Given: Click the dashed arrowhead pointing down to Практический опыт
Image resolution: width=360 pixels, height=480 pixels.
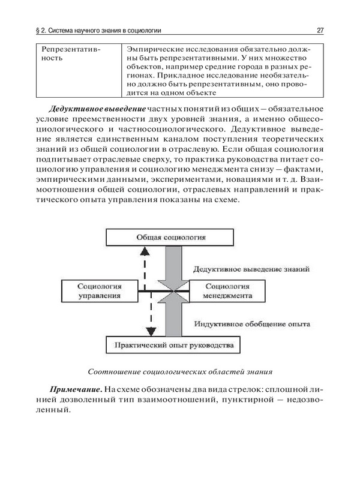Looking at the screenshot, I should coord(151,332).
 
